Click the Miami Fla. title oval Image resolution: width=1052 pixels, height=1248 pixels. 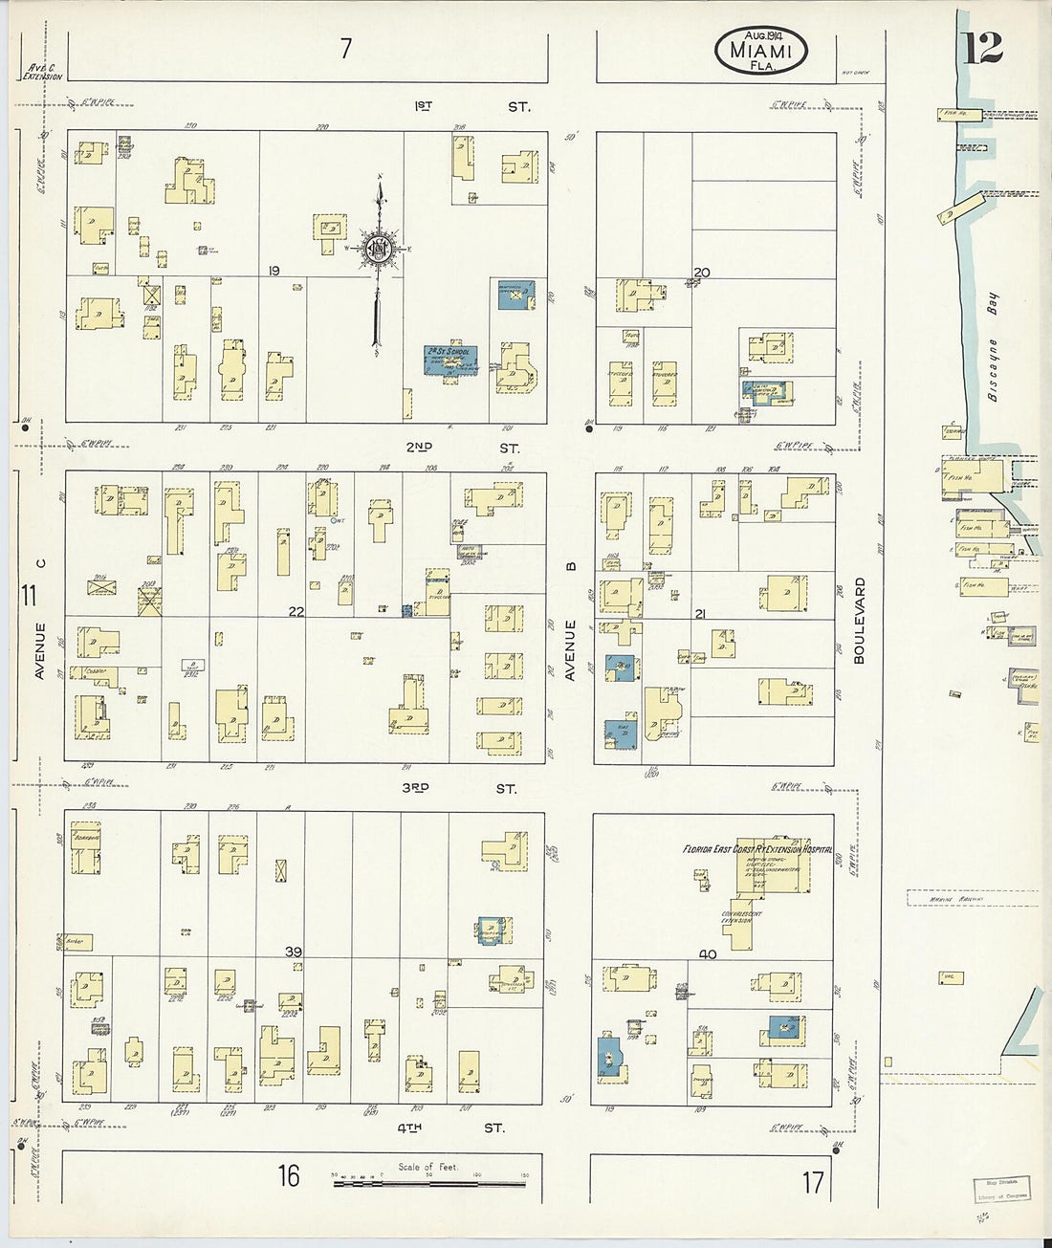coord(760,50)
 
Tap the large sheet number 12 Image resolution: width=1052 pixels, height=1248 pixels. coord(981,45)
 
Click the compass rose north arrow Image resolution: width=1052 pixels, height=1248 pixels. coord(380,251)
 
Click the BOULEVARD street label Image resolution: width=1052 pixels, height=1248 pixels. coord(858,621)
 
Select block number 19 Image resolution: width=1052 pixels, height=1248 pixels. coord(274,272)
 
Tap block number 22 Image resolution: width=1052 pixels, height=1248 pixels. coord(296,611)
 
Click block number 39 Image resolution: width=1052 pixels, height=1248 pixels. coord(294,952)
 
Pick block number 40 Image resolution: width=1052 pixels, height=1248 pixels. coord(708,953)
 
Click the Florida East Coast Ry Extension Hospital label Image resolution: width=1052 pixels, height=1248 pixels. coord(756,848)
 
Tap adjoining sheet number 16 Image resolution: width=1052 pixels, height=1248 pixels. coord(289,1175)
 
